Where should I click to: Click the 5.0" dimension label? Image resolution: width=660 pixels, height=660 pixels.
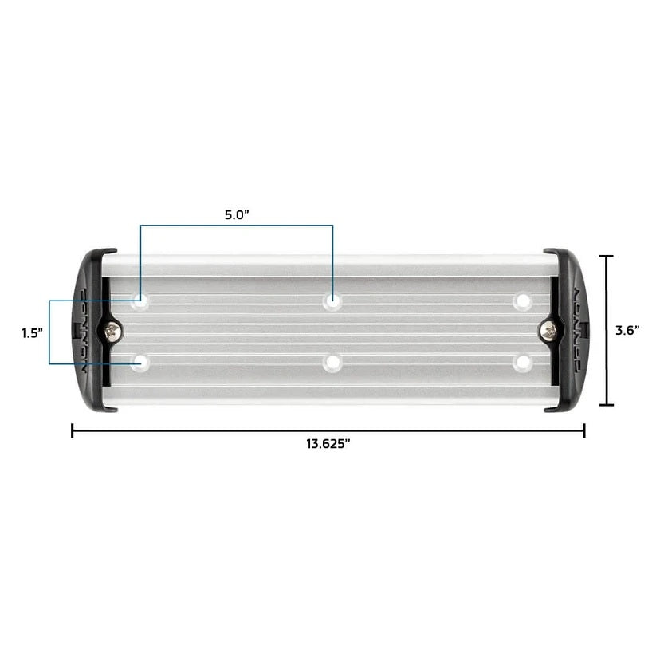point(238,214)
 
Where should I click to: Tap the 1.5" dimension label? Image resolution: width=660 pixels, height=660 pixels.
point(32,333)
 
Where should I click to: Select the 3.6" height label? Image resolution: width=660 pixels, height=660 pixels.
point(628,331)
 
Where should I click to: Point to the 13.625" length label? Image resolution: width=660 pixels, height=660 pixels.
point(328,445)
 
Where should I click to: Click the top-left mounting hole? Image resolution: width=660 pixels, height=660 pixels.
point(141,302)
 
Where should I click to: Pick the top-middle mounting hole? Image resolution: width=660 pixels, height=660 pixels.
point(332,301)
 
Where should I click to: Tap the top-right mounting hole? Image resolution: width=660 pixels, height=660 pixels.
point(523,301)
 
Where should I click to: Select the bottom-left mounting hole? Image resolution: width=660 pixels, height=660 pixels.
point(141,363)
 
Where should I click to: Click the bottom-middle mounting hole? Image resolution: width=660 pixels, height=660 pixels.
point(332,363)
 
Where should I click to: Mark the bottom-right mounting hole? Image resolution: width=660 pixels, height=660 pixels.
point(523,363)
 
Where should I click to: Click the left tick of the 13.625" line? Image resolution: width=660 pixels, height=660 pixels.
point(73,431)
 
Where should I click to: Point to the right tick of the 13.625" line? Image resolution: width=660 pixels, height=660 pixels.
point(584,431)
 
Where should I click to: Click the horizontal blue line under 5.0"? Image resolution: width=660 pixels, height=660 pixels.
point(237,226)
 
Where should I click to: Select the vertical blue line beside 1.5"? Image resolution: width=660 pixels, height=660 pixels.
point(49,332)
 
